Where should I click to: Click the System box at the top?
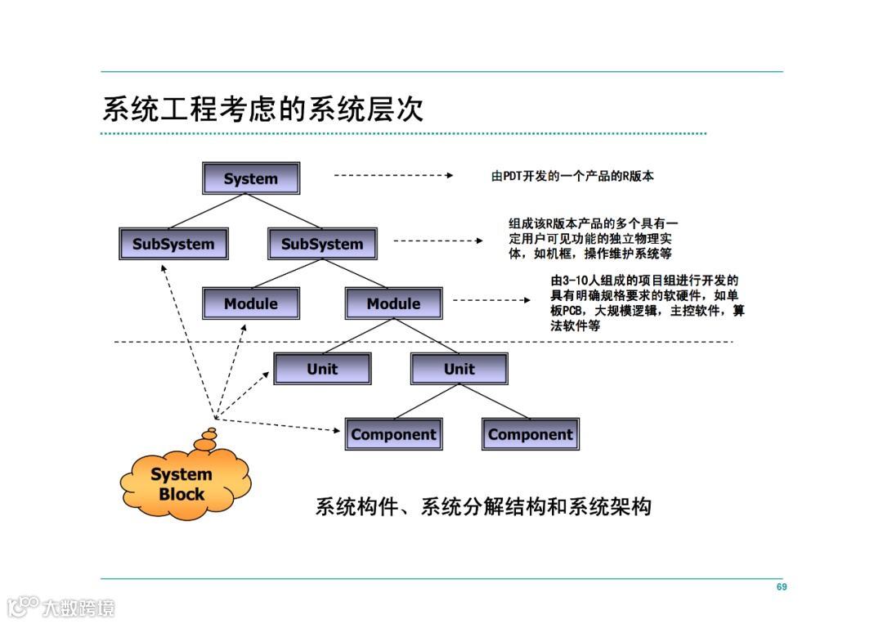coord(251,178)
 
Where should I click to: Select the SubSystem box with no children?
coord(173,244)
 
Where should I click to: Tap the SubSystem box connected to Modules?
coord(322,244)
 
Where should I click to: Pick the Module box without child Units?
coord(251,303)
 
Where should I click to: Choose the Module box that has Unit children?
coord(393,303)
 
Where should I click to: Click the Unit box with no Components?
coord(322,369)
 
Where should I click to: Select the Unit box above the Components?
coord(459,369)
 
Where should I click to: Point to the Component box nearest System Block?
coord(393,434)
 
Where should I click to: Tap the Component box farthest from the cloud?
coord(530,434)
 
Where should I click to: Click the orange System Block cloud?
coord(182,484)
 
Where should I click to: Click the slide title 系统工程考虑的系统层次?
coord(262,109)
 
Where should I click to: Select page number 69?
coord(782,587)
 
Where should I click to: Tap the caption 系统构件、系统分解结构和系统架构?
coord(483,506)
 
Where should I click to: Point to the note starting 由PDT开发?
coord(572,176)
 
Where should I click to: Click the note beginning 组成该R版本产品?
coord(594,238)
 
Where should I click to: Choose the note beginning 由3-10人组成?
coord(647,303)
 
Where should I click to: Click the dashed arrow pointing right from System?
coord(392,175)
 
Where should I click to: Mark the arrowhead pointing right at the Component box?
coord(337,430)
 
